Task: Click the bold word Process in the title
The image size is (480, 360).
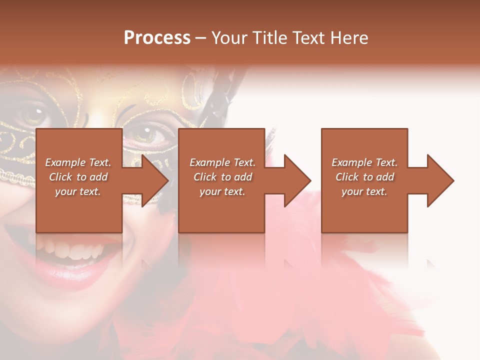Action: [x=157, y=38]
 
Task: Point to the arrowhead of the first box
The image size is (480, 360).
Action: [x=155, y=180]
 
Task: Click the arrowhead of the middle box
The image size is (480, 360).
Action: [x=297, y=180]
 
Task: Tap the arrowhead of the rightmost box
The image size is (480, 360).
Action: [x=440, y=180]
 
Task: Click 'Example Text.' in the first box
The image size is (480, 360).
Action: [x=78, y=162]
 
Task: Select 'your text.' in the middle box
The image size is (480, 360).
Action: [x=222, y=191]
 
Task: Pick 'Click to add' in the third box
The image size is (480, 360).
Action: [x=364, y=177]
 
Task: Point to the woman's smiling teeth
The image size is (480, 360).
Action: [x=75, y=247]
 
